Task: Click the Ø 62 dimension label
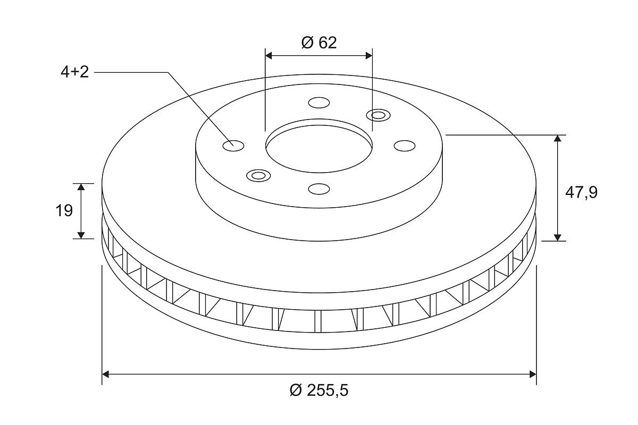pyautogui.click(x=318, y=42)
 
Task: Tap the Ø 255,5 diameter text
pyautogui.click(x=319, y=390)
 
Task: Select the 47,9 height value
pyautogui.click(x=581, y=193)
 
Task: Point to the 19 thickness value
pyautogui.click(x=64, y=211)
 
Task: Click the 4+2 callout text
pyautogui.click(x=74, y=72)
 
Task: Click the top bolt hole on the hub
pyautogui.click(x=319, y=103)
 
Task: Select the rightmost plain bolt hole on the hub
pyautogui.click(x=405, y=146)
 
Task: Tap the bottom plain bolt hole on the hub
pyautogui.click(x=319, y=189)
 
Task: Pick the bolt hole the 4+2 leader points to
pyautogui.click(x=233, y=146)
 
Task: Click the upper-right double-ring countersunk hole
pyautogui.click(x=378, y=115)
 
